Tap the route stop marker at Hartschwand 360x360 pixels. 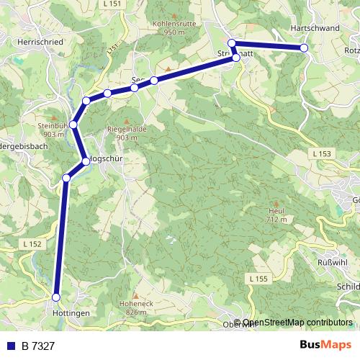pyautogui.click(x=304, y=48)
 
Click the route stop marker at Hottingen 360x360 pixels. pyautogui.click(x=56, y=296)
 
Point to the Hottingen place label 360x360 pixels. pyautogui.click(x=71, y=315)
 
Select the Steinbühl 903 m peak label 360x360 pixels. pyautogui.click(x=55, y=130)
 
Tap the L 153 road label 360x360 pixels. pyautogui.click(x=323, y=153)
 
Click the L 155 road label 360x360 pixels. pyautogui.click(x=258, y=278)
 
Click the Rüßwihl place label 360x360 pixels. pyautogui.click(x=332, y=262)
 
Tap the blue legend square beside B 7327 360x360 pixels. pyautogui.click(x=9, y=347)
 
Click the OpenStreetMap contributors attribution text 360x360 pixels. pyautogui.click(x=297, y=323)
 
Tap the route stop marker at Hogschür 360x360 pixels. pyautogui.click(x=86, y=161)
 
